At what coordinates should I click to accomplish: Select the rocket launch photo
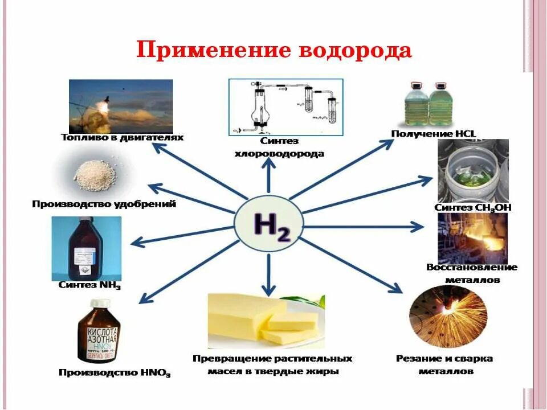121,106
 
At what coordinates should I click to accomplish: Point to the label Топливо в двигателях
122,138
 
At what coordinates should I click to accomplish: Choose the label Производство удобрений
104,203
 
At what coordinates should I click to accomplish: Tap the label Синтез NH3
90,285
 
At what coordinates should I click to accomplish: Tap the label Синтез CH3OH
472,207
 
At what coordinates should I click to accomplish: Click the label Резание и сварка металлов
444,364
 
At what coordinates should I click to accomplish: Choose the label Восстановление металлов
472,273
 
